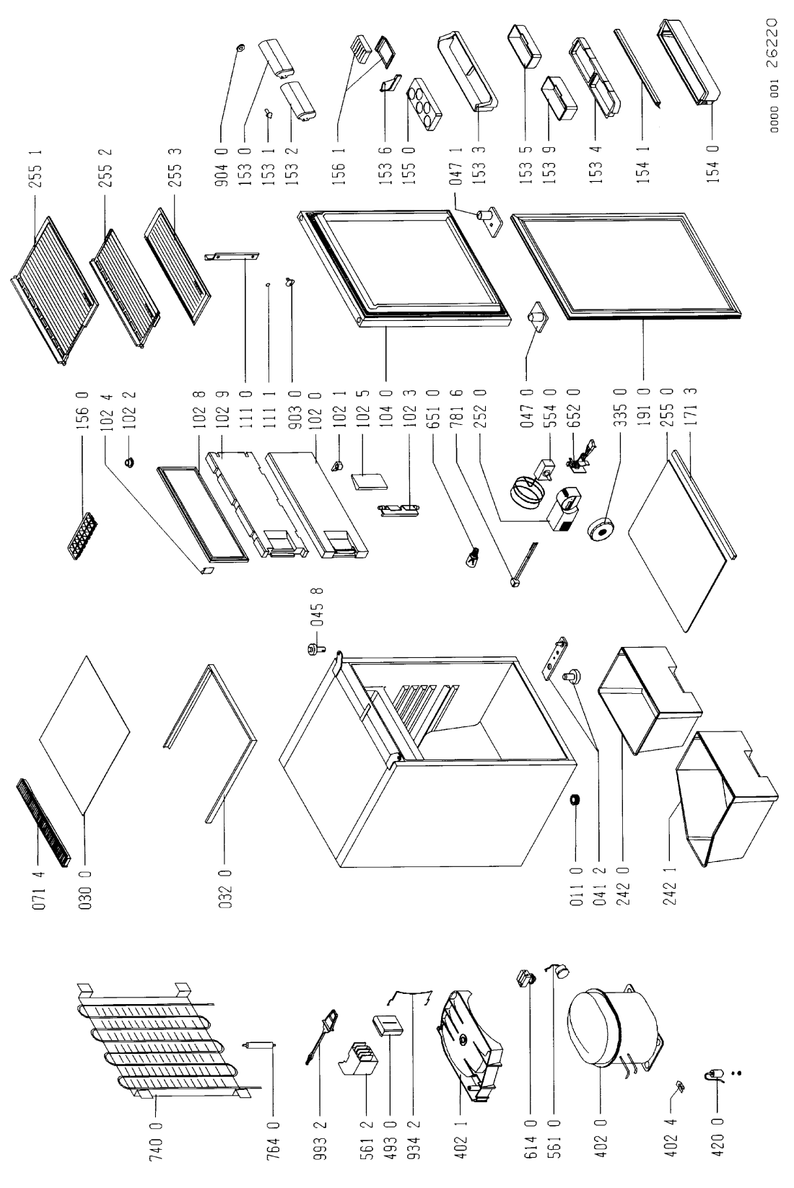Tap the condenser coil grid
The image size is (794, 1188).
[162, 1042]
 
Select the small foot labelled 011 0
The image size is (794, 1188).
[577, 800]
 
